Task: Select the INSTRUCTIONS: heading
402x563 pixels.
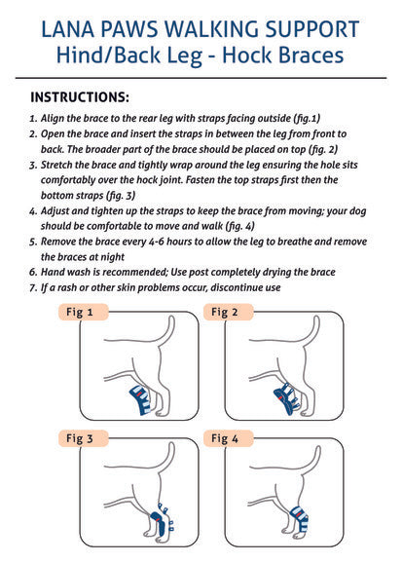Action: pos(80,97)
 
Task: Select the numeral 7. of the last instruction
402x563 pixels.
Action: pos(34,287)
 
